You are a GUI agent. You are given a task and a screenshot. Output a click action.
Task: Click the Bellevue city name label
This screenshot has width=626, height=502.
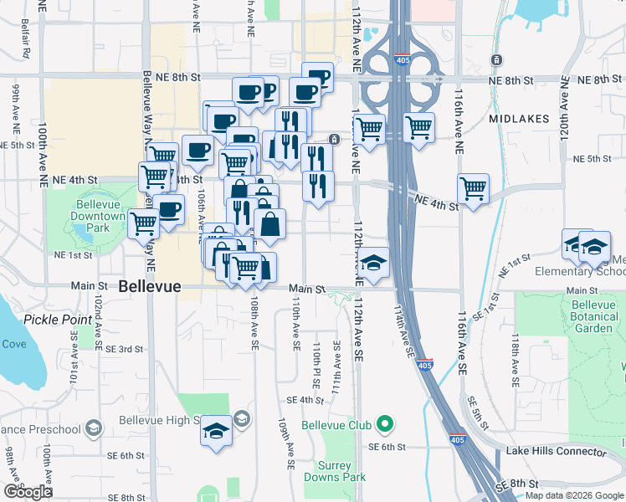pos(150,286)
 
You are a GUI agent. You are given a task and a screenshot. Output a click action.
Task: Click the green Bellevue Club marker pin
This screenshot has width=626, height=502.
pos(385,425)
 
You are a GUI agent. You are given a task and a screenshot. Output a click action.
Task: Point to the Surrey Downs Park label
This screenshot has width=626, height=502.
pos(341,471)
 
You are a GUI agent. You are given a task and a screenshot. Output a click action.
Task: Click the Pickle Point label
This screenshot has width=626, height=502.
pos(57,320)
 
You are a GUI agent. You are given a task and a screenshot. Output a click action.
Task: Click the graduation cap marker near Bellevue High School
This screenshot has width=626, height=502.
pos(217,432)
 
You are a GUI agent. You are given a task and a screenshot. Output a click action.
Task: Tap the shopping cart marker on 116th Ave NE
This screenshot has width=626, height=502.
pos(474,189)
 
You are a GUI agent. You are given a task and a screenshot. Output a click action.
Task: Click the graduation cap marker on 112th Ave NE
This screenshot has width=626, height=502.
pos(373,263)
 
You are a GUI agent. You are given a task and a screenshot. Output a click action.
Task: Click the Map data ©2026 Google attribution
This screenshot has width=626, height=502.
pos(574,495)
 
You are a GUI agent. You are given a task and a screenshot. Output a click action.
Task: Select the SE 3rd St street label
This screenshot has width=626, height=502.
pos(121,349)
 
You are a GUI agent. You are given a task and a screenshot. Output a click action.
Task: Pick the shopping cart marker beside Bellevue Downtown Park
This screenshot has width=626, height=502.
pos(144,223)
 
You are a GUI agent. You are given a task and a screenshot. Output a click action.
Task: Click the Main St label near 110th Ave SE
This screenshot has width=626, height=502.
pos(307,289)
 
